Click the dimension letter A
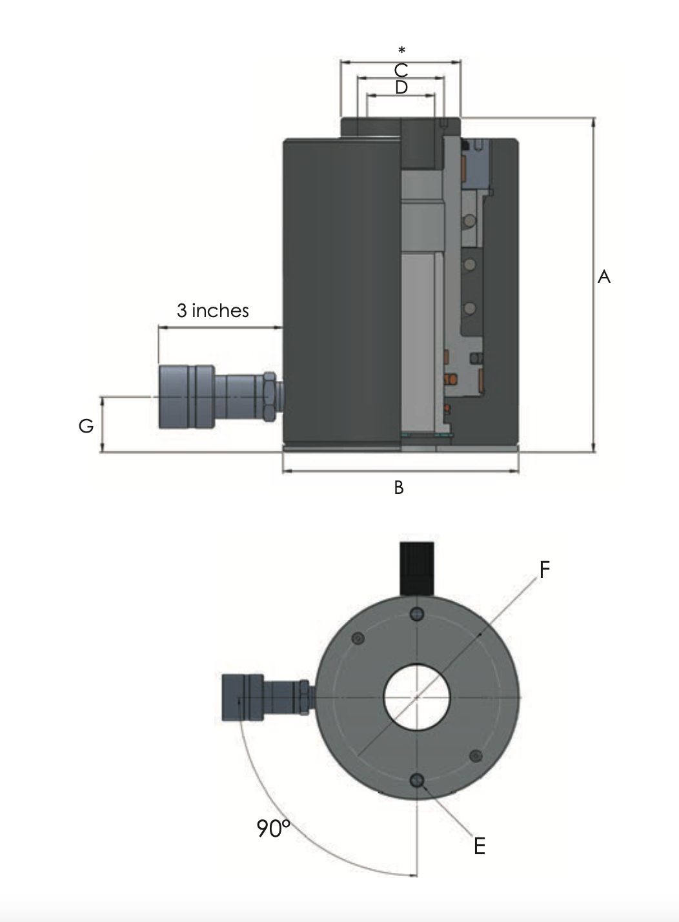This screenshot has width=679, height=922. coord(603,277)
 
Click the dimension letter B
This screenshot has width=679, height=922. coord(399,487)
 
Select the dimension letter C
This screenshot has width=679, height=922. coord(401,70)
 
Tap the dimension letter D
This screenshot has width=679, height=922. coord(401,87)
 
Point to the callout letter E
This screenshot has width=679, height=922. coord(479,846)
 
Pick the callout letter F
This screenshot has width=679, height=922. coord(544,569)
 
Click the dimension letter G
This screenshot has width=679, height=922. coord(86,426)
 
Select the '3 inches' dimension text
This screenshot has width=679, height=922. coord(213,311)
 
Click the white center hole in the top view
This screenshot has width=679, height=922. coord(416,697)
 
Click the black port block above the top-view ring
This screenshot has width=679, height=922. coord(417,568)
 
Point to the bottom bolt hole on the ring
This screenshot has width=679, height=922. coord(418,781)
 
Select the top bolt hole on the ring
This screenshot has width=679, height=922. coord(418,613)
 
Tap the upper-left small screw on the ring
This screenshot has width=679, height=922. coord(359,639)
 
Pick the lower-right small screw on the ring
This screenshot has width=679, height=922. coord(476,755)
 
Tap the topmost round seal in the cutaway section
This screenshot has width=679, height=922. coord(469,220)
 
